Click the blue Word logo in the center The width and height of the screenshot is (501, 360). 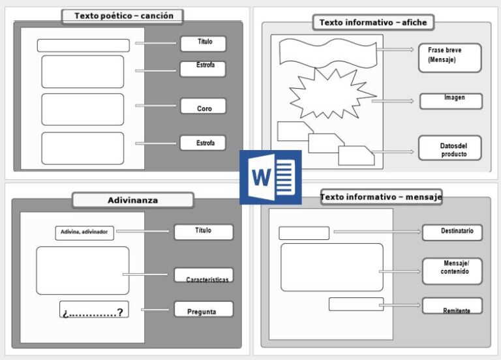pos(270,177)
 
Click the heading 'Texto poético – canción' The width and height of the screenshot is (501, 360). pos(122,16)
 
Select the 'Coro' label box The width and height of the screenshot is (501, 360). pos(204,107)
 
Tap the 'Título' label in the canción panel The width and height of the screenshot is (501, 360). pos(204,43)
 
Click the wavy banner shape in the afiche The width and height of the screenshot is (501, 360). pos(327,52)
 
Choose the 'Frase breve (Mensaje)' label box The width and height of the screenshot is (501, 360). pos(450,57)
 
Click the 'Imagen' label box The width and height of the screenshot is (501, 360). pos(451,100)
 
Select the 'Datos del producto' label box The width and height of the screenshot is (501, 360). pos(451,147)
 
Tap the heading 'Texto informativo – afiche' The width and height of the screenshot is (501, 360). pos(373,23)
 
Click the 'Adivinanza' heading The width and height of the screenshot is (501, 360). pos(132,200)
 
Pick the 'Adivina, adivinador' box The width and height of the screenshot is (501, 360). pos(85,232)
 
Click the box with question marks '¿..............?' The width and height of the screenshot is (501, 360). pos(93,310)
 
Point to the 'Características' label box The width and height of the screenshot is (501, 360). pos(204,276)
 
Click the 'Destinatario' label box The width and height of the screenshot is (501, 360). pos(452,232)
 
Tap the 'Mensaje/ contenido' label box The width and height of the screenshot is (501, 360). pos(452,270)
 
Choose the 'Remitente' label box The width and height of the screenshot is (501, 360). pos(452,307)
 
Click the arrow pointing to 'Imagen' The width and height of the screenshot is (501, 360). pos(393,101)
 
